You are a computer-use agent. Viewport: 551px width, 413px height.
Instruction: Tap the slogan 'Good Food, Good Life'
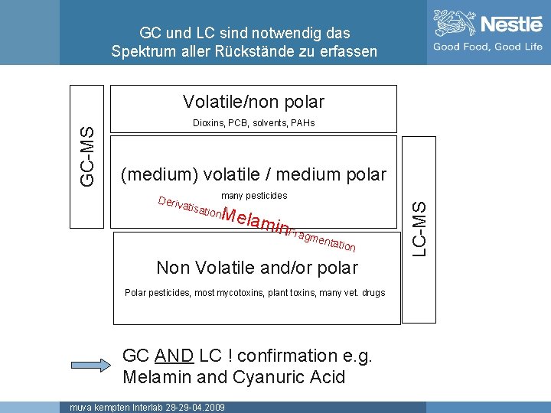coord(487,47)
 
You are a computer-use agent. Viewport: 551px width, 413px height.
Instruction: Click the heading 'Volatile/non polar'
coord(253,102)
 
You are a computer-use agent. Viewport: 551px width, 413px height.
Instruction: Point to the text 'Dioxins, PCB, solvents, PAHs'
coord(253,123)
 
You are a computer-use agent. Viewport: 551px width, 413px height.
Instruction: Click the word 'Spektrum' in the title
coord(143,52)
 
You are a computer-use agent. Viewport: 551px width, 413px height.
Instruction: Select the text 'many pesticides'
coord(253,197)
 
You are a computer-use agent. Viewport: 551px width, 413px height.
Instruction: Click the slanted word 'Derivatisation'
coord(189,207)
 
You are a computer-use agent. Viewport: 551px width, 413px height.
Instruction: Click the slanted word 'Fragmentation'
coord(323,238)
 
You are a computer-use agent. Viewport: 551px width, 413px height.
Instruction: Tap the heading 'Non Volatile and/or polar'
coord(256,268)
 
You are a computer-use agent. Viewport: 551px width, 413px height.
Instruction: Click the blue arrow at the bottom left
coord(92,366)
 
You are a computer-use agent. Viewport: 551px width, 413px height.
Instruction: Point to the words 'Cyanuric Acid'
coord(297,377)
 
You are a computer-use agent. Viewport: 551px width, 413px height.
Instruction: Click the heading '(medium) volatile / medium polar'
coord(253,174)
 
